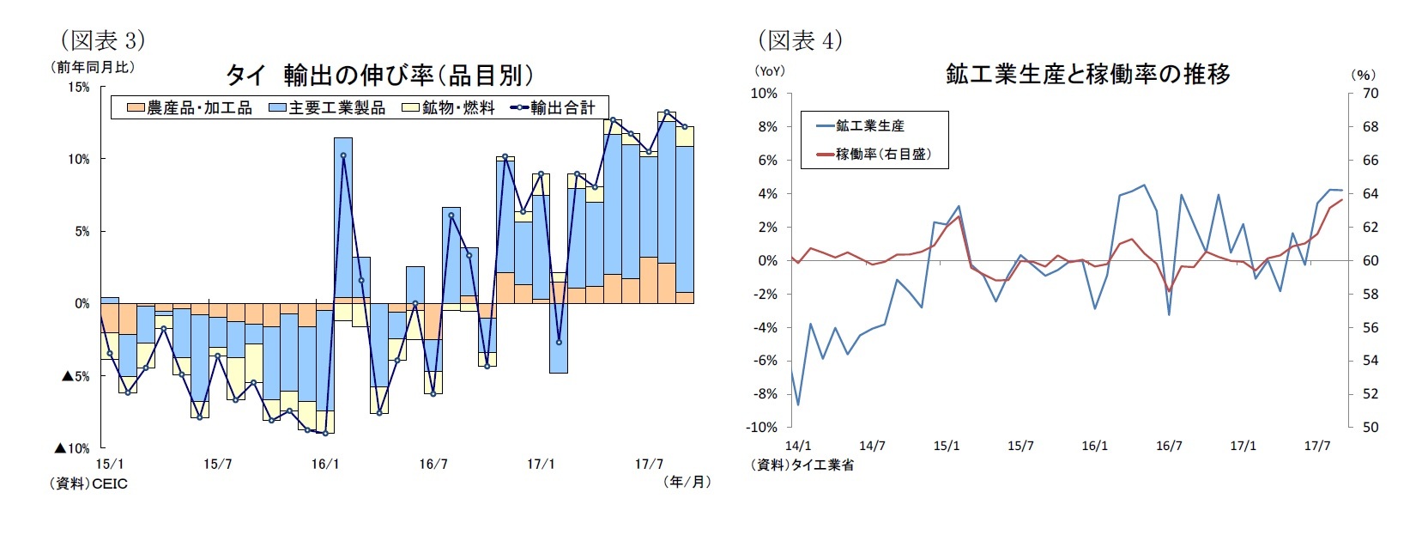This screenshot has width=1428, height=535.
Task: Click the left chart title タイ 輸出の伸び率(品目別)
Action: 379,76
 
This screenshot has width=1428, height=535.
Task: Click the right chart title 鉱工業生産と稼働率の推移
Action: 1087,75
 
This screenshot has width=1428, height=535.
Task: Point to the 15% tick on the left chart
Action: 78,88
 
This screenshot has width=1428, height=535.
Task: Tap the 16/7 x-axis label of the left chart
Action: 433,465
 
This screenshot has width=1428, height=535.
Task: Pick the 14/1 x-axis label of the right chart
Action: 798,446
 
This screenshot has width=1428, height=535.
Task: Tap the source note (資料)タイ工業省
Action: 802,465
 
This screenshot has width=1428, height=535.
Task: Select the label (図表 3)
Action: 101,40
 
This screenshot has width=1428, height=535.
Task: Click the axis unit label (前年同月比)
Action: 93,67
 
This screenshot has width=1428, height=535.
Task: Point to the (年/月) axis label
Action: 687,482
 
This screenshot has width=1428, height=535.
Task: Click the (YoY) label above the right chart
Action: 769,71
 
